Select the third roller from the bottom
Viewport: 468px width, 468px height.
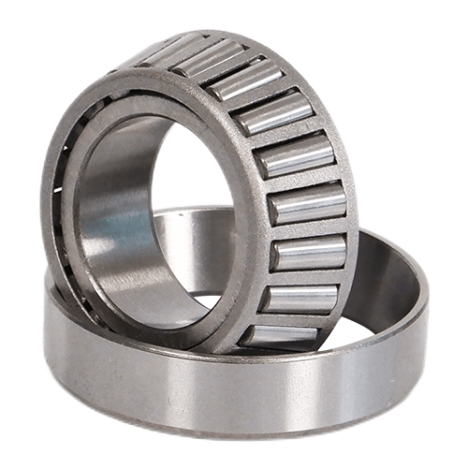307,253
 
